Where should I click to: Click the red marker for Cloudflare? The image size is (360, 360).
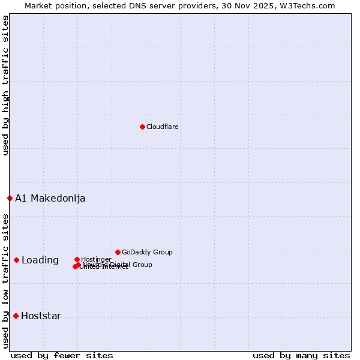pos(142,127)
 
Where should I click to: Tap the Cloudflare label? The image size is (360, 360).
pos(163,127)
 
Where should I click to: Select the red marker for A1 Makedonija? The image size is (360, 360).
pos(10,198)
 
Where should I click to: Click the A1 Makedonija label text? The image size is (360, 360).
pos(50,199)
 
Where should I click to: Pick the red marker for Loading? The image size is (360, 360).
pos(16,260)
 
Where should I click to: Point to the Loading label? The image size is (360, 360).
pos(40,260)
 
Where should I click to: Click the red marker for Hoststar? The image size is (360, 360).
pos(16,316)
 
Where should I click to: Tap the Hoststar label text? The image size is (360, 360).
pos(41,316)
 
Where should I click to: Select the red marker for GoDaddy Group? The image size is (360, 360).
pos(118,252)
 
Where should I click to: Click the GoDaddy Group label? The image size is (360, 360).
pos(147,253)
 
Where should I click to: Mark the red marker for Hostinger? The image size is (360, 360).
pos(77,259)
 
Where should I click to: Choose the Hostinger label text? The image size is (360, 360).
pos(96,260)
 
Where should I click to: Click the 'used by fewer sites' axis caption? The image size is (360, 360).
pos(62,356)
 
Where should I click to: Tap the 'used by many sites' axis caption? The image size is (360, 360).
pos(301,356)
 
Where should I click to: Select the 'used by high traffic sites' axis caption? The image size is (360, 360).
pos(5,85)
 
